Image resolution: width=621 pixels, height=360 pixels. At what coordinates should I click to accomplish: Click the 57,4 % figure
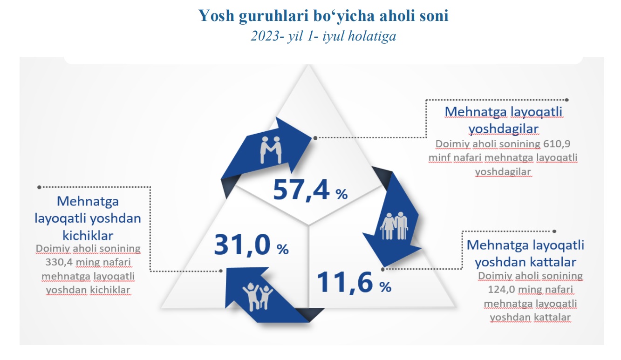(x=310, y=190)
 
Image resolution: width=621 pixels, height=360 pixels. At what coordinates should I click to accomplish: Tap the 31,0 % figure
(x=251, y=245)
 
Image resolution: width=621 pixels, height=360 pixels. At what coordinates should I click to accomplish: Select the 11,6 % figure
(x=354, y=283)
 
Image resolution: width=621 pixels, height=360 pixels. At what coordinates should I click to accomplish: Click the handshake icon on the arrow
(x=271, y=149)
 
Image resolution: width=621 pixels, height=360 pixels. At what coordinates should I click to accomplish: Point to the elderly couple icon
(x=394, y=226)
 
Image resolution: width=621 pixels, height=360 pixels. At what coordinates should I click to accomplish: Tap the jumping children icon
(x=258, y=296)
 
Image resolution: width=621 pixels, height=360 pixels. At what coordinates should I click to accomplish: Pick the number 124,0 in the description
(x=501, y=290)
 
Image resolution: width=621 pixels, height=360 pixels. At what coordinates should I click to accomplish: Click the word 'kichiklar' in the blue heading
(x=88, y=236)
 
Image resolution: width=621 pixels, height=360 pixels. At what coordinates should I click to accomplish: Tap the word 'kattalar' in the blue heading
(x=553, y=262)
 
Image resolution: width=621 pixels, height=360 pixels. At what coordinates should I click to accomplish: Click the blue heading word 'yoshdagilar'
(x=504, y=129)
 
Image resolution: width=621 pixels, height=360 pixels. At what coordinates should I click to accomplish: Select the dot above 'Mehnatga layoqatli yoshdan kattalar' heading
(x=554, y=231)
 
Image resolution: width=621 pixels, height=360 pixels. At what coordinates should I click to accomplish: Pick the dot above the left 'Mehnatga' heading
(x=40, y=187)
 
